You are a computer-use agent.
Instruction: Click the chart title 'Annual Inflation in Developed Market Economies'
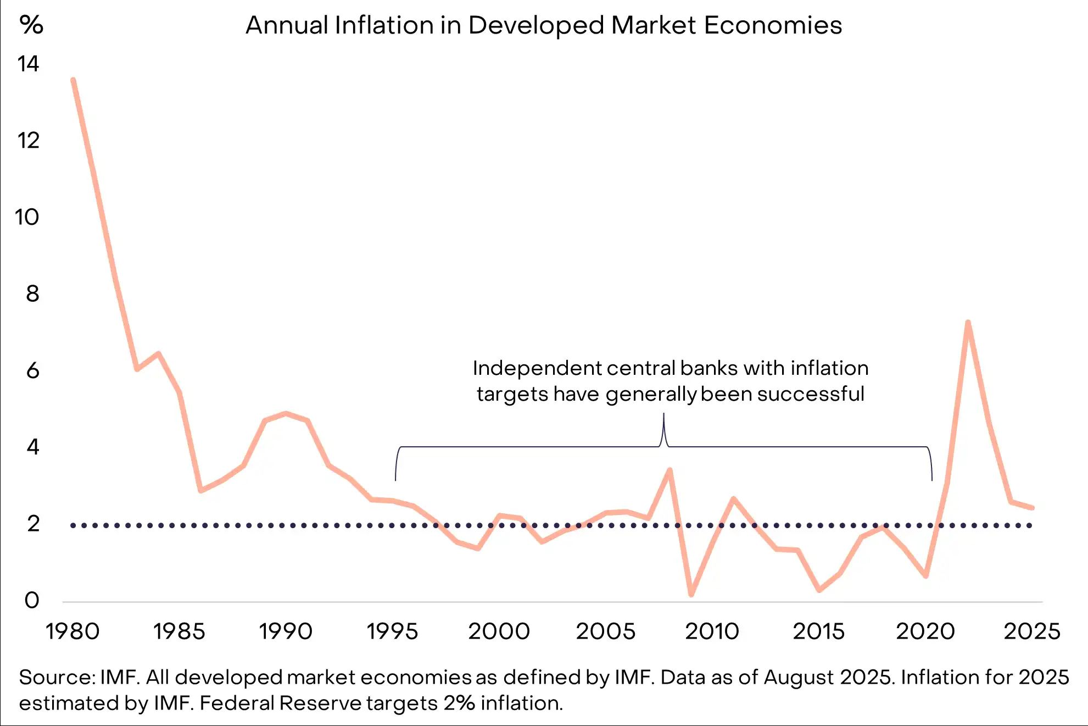pyautogui.click(x=544, y=25)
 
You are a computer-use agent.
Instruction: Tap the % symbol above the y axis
pyautogui.click(x=31, y=25)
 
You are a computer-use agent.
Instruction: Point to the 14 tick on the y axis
pyautogui.click(x=29, y=64)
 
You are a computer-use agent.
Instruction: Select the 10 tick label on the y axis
pyautogui.click(x=27, y=218)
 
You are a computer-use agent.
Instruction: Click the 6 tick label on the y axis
pyautogui.click(x=33, y=371)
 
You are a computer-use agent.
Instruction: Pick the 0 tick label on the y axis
pyautogui.click(x=32, y=601)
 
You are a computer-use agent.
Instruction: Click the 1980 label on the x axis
pyautogui.click(x=72, y=631)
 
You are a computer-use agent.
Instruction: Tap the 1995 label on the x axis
pyautogui.click(x=392, y=631)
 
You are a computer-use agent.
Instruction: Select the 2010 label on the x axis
pyautogui.click(x=712, y=631)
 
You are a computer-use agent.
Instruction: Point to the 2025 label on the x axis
pyautogui.click(x=1032, y=631)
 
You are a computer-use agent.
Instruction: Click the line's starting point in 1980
pyautogui.click(x=73, y=80)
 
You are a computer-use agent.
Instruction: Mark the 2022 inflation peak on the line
pyautogui.click(x=968, y=323)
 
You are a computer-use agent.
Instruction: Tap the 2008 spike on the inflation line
pyautogui.click(x=669, y=470)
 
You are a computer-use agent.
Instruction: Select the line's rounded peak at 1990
pyautogui.click(x=286, y=413)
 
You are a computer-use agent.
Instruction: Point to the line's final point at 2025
pyautogui.click(x=1032, y=508)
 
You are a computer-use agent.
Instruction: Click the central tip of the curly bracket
pyautogui.click(x=663, y=414)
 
